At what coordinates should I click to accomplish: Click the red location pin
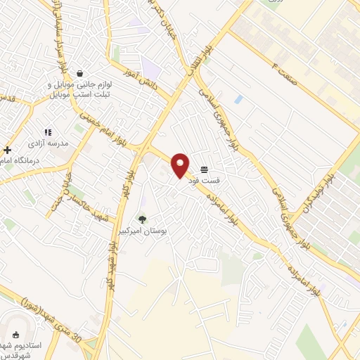tap(181, 165)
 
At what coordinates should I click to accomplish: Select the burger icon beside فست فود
tap(204, 169)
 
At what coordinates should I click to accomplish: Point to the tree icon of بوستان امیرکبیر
tap(143, 219)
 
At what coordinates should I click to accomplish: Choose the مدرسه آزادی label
tap(49, 142)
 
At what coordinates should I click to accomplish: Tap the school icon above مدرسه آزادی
tap(48, 131)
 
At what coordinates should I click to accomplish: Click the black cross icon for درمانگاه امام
tap(8, 150)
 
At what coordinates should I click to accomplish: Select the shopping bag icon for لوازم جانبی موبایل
tap(79, 73)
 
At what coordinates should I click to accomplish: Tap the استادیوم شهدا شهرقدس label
tap(17, 349)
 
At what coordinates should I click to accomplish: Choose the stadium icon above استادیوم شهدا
tap(17, 335)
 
